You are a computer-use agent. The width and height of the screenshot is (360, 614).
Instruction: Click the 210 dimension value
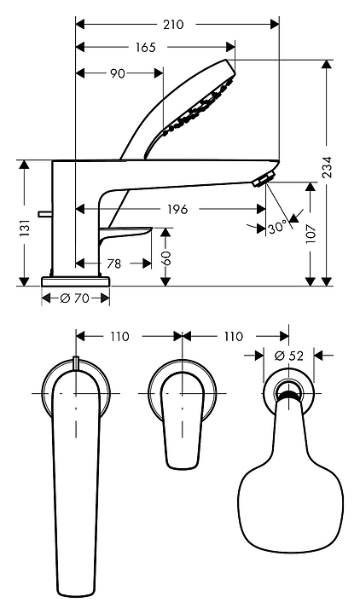coord(173,25)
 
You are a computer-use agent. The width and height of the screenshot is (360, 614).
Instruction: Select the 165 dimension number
coord(146,48)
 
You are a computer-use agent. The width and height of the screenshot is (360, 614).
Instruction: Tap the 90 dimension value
coord(117,73)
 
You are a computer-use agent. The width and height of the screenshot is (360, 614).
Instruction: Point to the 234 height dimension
coord(327,167)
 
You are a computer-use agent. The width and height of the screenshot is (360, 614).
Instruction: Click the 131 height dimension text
coord(25,228)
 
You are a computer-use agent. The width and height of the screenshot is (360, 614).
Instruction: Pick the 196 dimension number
coord(177,210)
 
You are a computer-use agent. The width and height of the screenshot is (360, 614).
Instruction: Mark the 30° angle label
coord(278,228)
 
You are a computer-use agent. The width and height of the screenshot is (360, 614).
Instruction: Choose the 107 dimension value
coord(311,234)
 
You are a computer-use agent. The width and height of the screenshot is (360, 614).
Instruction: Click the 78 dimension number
coord(113,264)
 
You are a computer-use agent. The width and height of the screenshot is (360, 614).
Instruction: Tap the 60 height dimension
coord(166,258)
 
